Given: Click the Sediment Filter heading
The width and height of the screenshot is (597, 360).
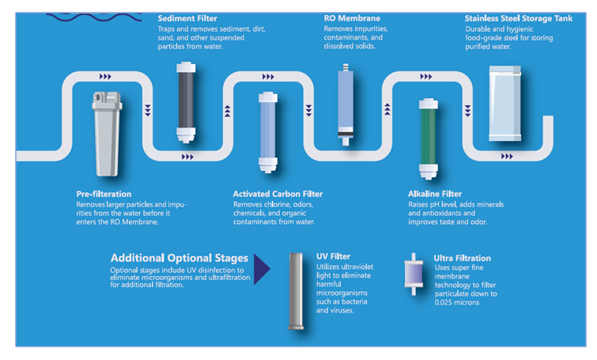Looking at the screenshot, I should tap(187, 17).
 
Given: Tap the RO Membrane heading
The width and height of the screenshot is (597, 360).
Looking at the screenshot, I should tap(352, 17).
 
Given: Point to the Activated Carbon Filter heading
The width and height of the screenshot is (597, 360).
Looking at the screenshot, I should tap(278, 194).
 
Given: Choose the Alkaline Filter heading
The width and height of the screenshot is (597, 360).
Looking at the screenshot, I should tap(435, 194).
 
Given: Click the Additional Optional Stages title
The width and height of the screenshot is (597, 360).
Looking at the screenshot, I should tap(179, 258).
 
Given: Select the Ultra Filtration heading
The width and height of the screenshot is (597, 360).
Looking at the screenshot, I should tap(463, 258).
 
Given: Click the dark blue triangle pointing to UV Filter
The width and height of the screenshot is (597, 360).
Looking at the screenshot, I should tap(261, 270).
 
